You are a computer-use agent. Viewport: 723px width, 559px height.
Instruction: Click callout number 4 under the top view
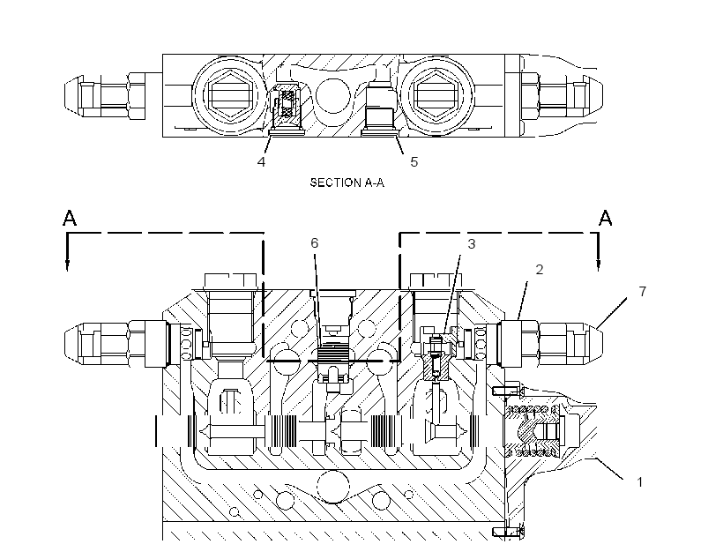coord(262,162)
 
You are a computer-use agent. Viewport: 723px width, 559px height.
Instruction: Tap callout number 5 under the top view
coord(414,162)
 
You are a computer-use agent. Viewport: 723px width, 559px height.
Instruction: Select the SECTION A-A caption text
coord(347,183)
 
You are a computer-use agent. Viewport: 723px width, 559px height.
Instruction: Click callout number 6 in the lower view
coord(315,243)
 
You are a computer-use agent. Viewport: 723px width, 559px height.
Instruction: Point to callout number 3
coord(471,244)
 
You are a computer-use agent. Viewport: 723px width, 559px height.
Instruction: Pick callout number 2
coord(539,269)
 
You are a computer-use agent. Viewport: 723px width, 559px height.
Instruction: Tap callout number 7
coord(642,292)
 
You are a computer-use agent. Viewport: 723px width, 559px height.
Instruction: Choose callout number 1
coord(639,482)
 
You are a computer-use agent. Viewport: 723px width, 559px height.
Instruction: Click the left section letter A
coord(70,218)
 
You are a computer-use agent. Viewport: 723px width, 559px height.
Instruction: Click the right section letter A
coord(606,218)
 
